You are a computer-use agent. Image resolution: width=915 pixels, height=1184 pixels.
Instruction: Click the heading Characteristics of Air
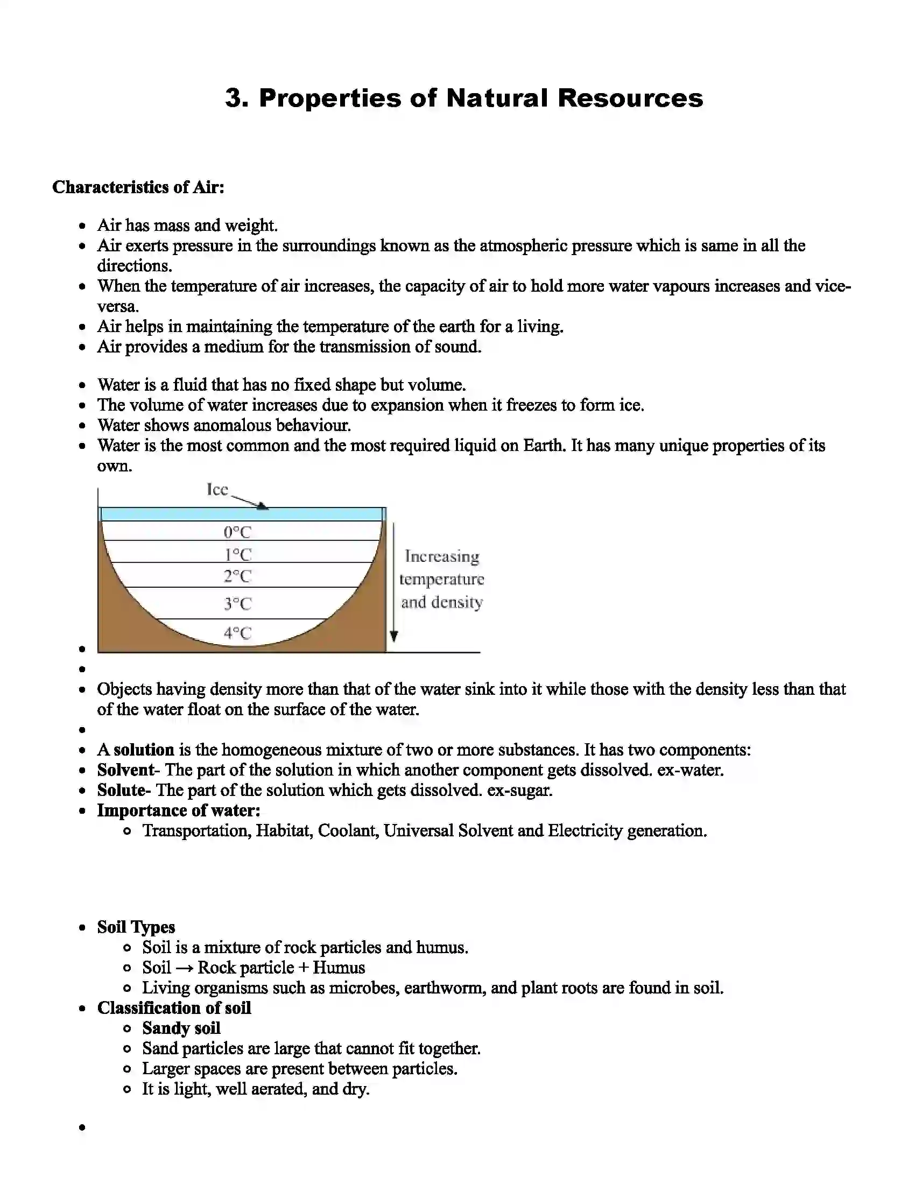click(x=138, y=187)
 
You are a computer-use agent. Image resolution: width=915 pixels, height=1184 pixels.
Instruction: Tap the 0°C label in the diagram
click(x=237, y=532)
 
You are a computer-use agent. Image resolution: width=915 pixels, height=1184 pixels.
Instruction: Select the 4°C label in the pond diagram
click(x=237, y=633)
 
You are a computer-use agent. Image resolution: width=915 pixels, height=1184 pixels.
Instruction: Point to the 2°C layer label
click(x=237, y=576)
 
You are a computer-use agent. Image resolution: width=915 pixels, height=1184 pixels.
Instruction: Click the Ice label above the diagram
click(x=217, y=490)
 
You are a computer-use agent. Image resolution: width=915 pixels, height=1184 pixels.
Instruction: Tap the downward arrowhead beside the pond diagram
click(x=394, y=636)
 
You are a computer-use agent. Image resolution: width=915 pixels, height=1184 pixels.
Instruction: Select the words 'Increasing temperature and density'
click(x=442, y=579)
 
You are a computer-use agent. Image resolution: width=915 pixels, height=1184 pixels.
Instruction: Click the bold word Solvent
click(x=126, y=770)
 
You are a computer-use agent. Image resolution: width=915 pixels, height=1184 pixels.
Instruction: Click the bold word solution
click(x=144, y=750)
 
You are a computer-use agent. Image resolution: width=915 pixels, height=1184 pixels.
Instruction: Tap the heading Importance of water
click(x=178, y=811)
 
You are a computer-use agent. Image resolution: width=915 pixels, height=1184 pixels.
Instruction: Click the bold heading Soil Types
click(x=136, y=927)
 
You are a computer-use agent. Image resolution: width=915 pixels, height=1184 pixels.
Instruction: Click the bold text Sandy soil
click(x=181, y=1028)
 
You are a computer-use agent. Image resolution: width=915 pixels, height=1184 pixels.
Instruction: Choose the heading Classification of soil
click(x=173, y=1008)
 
